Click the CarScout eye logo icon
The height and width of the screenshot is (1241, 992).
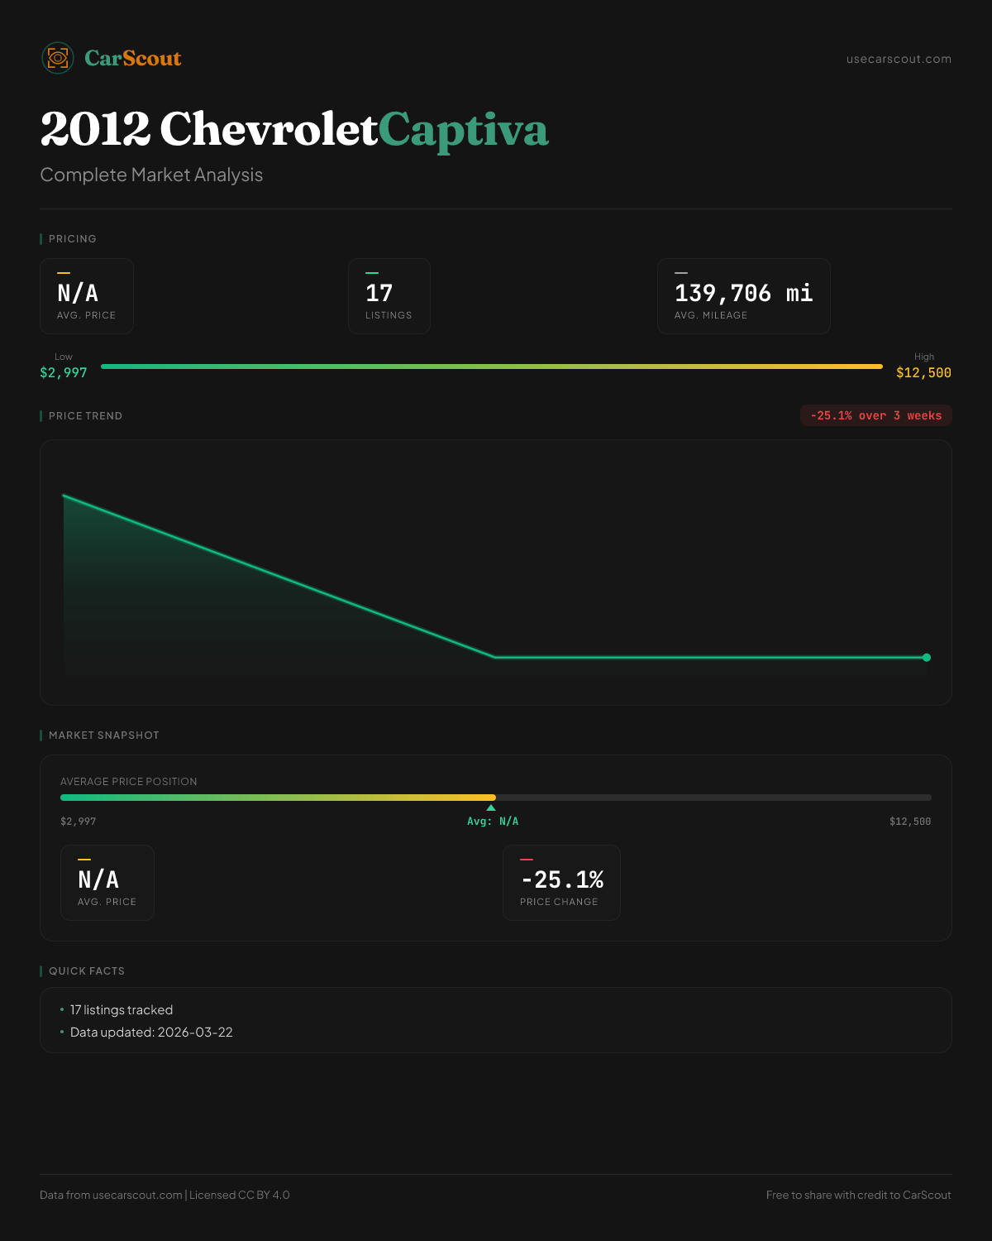pos(58,58)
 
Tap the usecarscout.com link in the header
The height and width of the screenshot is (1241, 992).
pos(899,60)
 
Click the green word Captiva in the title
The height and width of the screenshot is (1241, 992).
pos(463,130)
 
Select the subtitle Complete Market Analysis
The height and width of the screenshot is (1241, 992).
pos(151,175)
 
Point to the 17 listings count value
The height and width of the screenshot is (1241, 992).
pos(379,293)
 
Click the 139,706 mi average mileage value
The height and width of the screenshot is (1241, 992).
pos(743,293)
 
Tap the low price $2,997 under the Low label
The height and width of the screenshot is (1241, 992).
pos(64,373)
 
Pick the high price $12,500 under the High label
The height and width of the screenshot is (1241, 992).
pos(923,373)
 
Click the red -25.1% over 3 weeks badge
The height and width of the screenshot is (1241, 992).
pos(875,416)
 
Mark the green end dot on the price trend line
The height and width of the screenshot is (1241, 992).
pos(927,658)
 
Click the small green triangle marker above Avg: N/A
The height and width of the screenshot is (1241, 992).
pos(491,807)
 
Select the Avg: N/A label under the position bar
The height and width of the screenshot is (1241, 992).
pos(493,822)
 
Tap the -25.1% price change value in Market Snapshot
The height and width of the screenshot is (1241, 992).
pos(562,879)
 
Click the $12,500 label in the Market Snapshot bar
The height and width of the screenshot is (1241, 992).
pos(909,822)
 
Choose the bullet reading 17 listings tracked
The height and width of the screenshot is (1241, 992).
pos(122,1010)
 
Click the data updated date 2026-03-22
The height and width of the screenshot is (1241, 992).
pos(195,1033)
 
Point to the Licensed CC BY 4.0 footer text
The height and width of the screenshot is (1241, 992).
pos(240,1195)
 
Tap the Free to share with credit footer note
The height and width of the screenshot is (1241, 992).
pos(858,1195)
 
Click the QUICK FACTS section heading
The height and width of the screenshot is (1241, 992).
pos(87,971)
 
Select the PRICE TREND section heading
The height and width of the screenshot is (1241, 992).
pos(85,416)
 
